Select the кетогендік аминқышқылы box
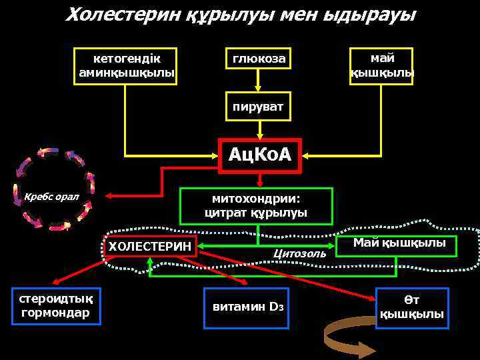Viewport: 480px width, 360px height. coord(126,65)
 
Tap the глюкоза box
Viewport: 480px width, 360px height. coord(259,59)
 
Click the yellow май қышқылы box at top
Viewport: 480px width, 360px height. coord(382,65)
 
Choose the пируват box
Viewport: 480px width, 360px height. coord(258,107)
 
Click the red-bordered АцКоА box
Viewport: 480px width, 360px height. coord(260,155)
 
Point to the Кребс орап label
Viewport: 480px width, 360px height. coord(51,197)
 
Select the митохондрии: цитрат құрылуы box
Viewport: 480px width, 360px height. coord(256,206)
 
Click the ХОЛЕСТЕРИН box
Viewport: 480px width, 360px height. coord(150,247)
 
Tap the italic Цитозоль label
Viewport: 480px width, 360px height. coord(299,253)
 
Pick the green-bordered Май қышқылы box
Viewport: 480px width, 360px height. coord(399,244)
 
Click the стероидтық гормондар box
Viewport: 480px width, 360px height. coord(56,305)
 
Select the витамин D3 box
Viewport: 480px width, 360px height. coord(247,307)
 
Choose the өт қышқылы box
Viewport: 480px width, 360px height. coord(411,307)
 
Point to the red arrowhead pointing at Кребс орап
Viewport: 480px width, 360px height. coord(112,196)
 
